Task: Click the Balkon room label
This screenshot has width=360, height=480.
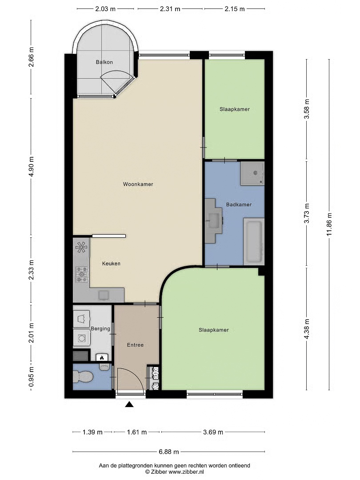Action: (x=104, y=62)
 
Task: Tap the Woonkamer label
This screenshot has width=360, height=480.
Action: (x=138, y=184)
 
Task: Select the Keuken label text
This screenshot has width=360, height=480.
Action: (x=111, y=263)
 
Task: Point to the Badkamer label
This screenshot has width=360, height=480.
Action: (x=239, y=204)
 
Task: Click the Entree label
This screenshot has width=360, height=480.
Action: (x=135, y=345)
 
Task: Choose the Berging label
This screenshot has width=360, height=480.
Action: (x=100, y=328)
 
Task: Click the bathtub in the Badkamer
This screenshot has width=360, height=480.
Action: (x=254, y=241)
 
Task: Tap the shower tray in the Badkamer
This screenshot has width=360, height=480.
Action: (x=252, y=174)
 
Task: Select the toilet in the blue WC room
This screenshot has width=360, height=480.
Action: (x=83, y=377)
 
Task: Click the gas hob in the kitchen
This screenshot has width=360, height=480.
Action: (x=82, y=274)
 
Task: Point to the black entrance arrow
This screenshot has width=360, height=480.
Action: (x=129, y=404)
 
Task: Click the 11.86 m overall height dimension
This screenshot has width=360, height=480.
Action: (x=329, y=224)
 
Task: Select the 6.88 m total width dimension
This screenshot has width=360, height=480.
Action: (x=169, y=452)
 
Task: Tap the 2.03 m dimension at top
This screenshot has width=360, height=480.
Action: (x=105, y=9)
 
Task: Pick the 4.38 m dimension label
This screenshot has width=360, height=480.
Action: (x=307, y=328)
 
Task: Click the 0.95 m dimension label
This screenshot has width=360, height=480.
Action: (x=31, y=377)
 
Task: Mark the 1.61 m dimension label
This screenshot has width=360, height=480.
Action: (x=137, y=432)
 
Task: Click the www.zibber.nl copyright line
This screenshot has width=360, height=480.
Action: (x=175, y=472)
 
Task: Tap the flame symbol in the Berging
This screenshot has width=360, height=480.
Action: (x=102, y=357)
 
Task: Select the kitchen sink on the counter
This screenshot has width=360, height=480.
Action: (x=104, y=295)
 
